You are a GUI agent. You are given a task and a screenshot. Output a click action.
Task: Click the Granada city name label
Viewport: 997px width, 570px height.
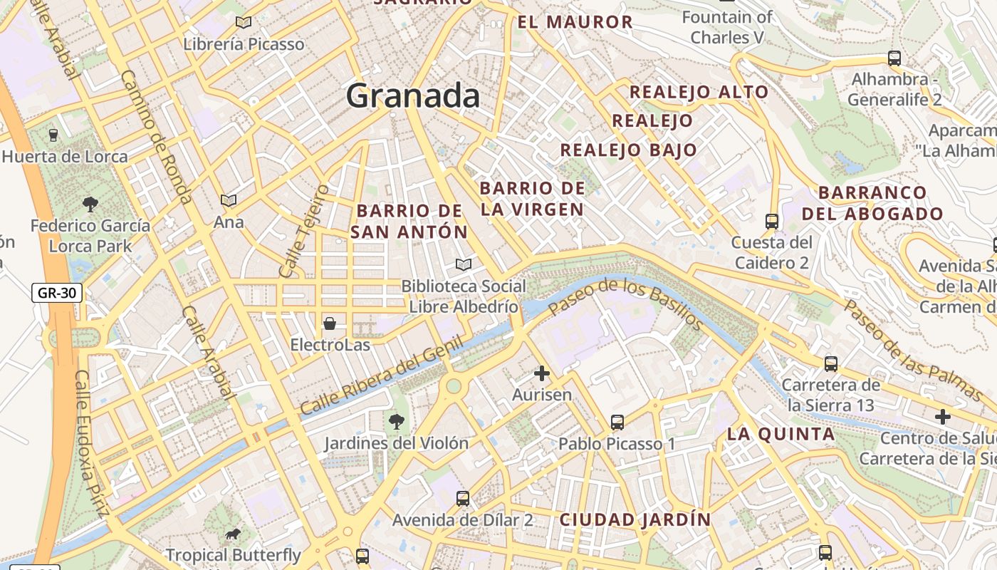tap(413, 96)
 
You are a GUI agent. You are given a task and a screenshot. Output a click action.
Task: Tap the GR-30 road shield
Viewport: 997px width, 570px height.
tap(57, 293)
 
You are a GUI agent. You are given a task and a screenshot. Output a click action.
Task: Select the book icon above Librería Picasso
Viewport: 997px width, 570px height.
tap(244, 23)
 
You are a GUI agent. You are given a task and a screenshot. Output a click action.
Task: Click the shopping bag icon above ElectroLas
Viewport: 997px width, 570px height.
tap(330, 324)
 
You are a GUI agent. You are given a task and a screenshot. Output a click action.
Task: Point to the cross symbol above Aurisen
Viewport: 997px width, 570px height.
tap(542, 373)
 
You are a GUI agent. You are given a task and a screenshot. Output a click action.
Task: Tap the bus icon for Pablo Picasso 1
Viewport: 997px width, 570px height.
tap(617, 423)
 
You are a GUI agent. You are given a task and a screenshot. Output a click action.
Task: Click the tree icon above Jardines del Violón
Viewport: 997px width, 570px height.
tap(396, 422)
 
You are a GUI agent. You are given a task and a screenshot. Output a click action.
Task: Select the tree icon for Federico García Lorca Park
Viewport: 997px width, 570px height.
tap(90, 205)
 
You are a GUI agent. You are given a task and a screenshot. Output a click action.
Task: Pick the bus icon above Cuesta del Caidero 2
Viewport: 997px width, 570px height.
tap(771, 222)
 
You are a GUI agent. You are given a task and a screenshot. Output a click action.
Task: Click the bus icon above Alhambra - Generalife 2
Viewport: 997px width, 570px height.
tap(894, 58)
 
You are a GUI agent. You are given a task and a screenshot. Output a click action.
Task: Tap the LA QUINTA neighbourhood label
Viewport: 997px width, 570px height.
tap(781, 434)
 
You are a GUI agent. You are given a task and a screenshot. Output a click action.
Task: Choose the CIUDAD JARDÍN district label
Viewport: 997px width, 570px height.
tap(635, 519)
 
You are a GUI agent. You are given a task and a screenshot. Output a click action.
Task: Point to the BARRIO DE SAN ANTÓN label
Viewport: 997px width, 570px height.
tap(409, 221)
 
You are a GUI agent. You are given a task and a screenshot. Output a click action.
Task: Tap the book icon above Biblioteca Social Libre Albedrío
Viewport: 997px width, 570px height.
tap(464, 265)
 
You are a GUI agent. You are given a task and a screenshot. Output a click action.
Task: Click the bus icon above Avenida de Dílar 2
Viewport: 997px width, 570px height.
tap(463, 499)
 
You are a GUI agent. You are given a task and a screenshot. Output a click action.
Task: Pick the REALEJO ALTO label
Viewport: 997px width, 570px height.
tap(699, 92)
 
